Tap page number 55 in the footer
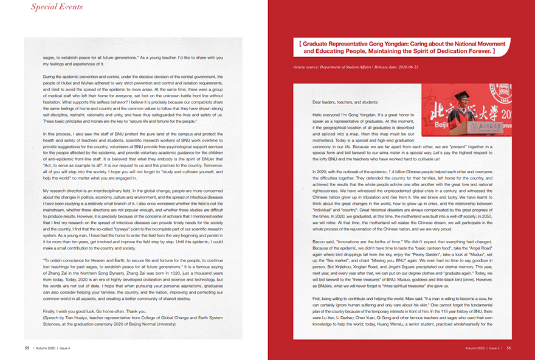[27, 348]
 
